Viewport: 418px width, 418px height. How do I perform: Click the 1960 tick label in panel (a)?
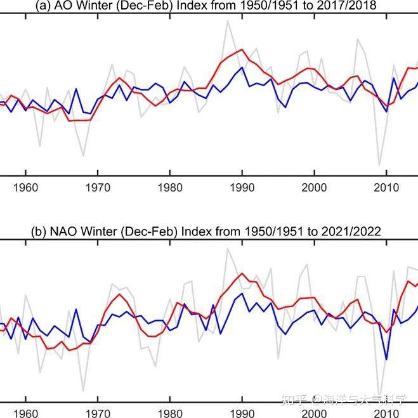pyautogui.click(x=25, y=188)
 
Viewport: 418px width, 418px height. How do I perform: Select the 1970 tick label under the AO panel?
pyautogui.click(x=97, y=188)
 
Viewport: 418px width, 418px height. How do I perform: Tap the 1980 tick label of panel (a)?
pyautogui.click(x=169, y=188)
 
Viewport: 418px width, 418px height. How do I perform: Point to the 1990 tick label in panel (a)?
pyautogui.click(x=242, y=188)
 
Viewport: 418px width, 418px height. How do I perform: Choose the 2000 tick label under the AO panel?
pyautogui.click(x=314, y=188)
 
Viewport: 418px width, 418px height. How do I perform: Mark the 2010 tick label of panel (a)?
pyautogui.click(x=386, y=188)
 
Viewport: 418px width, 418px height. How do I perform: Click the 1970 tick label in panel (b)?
pyautogui.click(x=97, y=412)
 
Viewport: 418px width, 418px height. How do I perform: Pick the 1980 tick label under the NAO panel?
pyautogui.click(x=169, y=412)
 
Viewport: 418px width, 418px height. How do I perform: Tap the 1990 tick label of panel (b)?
pyautogui.click(x=242, y=412)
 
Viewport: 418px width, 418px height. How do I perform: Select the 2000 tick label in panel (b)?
pyautogui.click(x=314, y=412)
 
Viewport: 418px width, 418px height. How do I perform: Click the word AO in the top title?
pyautogui.click(x=66, y=5)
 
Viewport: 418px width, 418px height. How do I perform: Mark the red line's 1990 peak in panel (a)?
pyautogui.click(x=242, y=49)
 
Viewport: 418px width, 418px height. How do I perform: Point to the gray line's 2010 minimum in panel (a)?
pyautogui.click(x=380, y=165)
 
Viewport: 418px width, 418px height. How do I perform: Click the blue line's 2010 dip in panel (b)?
pyautogui.click(x=386, y=360)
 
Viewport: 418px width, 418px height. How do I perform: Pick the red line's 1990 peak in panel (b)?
pyautogui.click(x=242, y=273)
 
